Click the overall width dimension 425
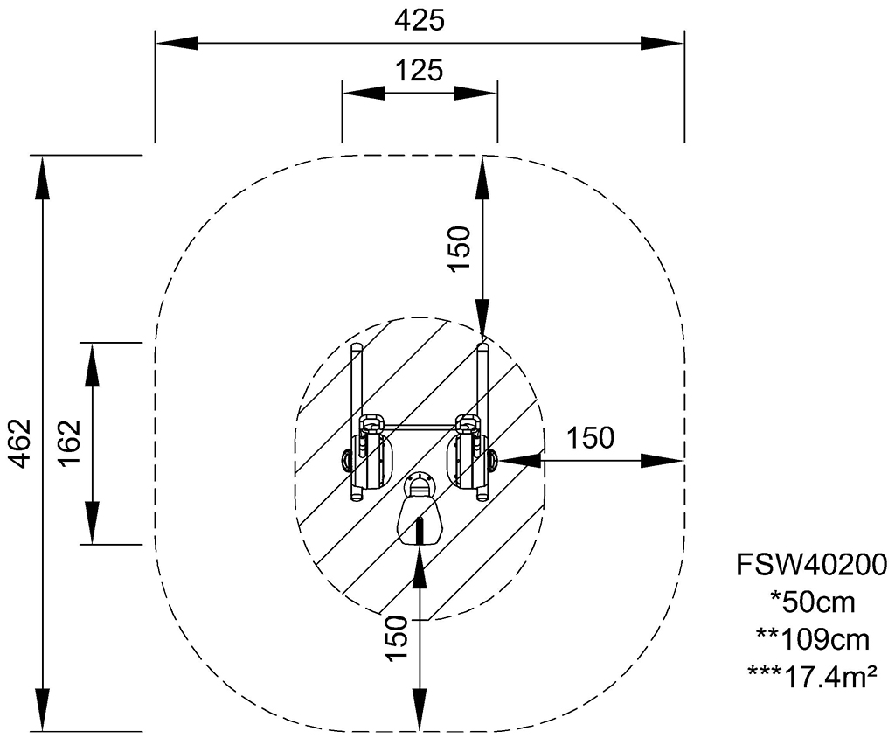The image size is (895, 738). [x=420, y=21]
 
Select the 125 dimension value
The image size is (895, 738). [x=420, y=71]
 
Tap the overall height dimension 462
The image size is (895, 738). [x=21, y=443]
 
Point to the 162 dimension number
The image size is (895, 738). [x=71, y=443]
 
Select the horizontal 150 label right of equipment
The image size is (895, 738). [x=590, y=438]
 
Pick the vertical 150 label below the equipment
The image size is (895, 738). [x=398, y=638]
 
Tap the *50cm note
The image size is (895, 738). [x=813, y=602]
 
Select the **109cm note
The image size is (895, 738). [x=813, y=640]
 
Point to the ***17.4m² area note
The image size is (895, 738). [x=813, y=676]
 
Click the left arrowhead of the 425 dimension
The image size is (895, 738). [x=177, y=44]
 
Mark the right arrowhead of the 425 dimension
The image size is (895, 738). [x=663, y=44]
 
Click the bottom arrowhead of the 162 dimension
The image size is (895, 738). [x=92, y=523]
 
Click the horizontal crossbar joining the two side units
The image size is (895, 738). [x=420, y=426]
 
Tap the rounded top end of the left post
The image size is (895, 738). [x=357, y=347]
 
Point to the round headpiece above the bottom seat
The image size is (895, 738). [x=420, y=484]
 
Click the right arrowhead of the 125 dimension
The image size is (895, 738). [x=476, y=93]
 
